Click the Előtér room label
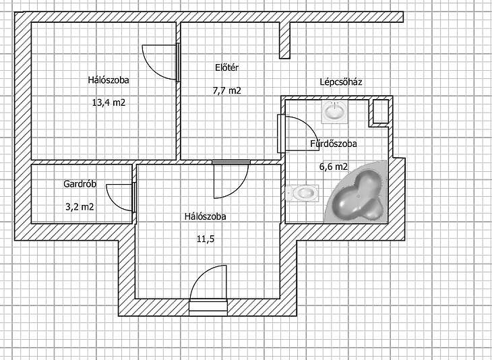[227, 67]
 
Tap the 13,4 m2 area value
[109, 102]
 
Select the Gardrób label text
[80, 183]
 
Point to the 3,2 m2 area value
[80, 207]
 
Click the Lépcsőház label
[341, 82]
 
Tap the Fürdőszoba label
[334, 144]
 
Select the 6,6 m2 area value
[334, 167]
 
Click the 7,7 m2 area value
[227, 91]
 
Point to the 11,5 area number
[206, 239]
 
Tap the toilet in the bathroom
[303, 193]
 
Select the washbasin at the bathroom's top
[335, 112]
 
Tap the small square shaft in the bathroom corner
[381, 112]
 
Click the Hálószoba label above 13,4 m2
[109, 80]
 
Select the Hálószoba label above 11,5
[205, 216]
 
